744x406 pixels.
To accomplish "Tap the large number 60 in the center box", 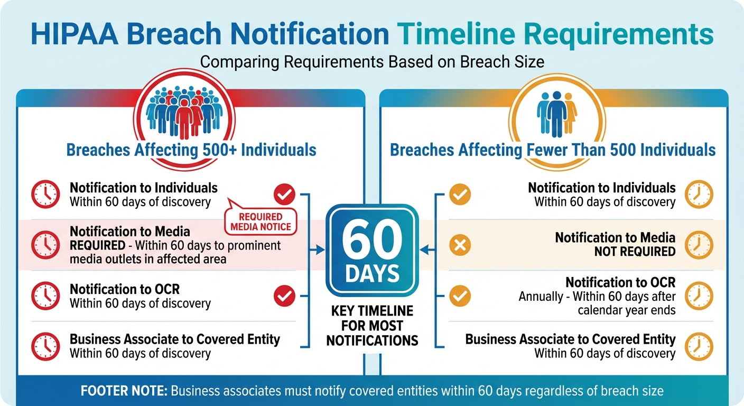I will point(372,242).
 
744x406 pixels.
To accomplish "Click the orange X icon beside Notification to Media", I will point(459,245).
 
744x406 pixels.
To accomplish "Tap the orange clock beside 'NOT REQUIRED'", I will point(699,245).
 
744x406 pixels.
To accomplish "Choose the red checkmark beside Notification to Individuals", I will point(284,195).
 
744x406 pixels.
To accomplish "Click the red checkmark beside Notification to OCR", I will point(284,296).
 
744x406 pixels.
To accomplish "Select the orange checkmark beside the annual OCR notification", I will point(459,296).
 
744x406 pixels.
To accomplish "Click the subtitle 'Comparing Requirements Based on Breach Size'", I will point(372,61).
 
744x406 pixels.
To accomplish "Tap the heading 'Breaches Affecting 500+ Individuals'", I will point(191,150).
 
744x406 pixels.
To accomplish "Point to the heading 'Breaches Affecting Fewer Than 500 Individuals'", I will point(553,150).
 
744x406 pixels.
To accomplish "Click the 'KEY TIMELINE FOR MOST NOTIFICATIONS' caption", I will point(372,326).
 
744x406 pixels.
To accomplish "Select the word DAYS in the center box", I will point(372,274).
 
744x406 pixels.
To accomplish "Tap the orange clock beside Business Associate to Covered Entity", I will point(699,346).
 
